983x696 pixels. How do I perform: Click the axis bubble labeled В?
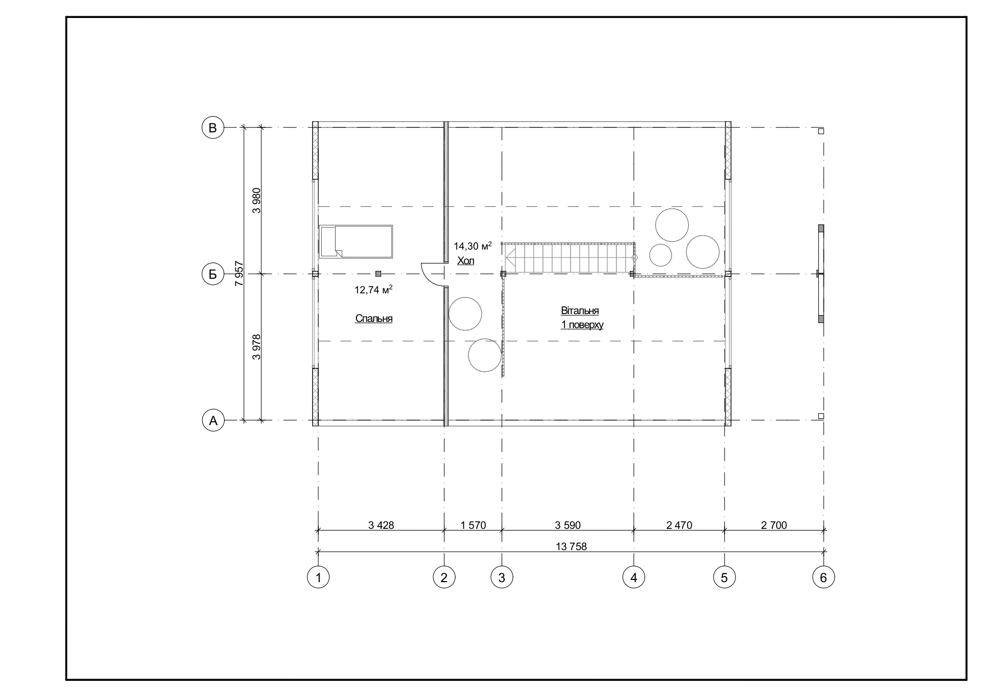212,128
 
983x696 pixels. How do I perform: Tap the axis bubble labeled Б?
212,274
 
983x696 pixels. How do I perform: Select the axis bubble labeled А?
212,420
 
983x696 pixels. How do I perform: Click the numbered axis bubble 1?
318,577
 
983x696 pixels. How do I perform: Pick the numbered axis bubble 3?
502,577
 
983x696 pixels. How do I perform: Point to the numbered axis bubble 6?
823,577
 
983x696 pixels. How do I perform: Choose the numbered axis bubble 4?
634,577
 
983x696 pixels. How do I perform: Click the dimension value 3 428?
381,525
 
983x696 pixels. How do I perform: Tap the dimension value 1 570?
473,525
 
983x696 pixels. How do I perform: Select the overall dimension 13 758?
571,546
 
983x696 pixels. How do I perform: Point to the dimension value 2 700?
774,525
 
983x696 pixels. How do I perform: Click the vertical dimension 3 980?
257,200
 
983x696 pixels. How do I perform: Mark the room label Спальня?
374,319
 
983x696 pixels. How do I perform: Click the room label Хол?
466,261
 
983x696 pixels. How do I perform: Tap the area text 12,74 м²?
373,289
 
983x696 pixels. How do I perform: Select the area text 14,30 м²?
472,246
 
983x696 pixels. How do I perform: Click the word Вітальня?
580,311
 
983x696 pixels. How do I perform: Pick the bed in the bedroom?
356,242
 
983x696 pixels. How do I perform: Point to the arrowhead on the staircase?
511,259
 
